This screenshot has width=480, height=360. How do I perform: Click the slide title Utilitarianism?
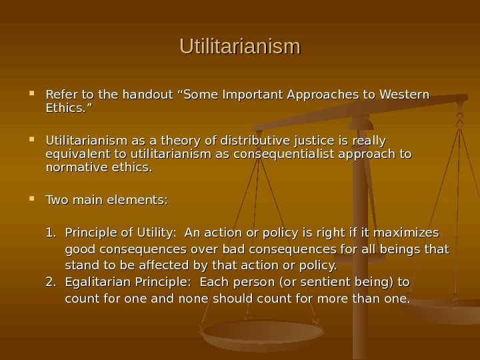click(240, 47)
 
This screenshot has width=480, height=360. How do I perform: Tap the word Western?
click(405, 93)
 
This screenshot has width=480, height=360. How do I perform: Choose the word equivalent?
click(77, 154)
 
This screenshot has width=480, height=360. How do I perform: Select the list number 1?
click(51, 233)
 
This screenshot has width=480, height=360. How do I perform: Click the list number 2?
click(51, 282)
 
